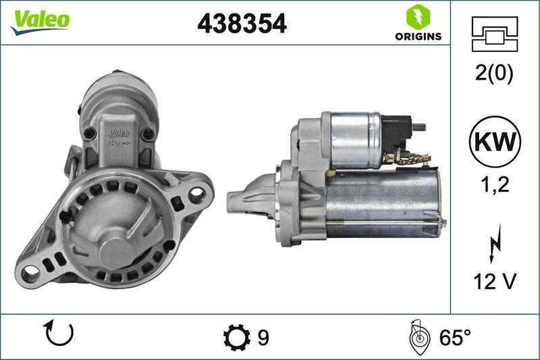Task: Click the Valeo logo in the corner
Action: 40,19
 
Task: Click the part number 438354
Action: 242,24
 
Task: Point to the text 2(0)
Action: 494,74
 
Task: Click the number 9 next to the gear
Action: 263,337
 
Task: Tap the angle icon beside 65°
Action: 418,337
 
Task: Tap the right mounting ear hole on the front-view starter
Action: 196,193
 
